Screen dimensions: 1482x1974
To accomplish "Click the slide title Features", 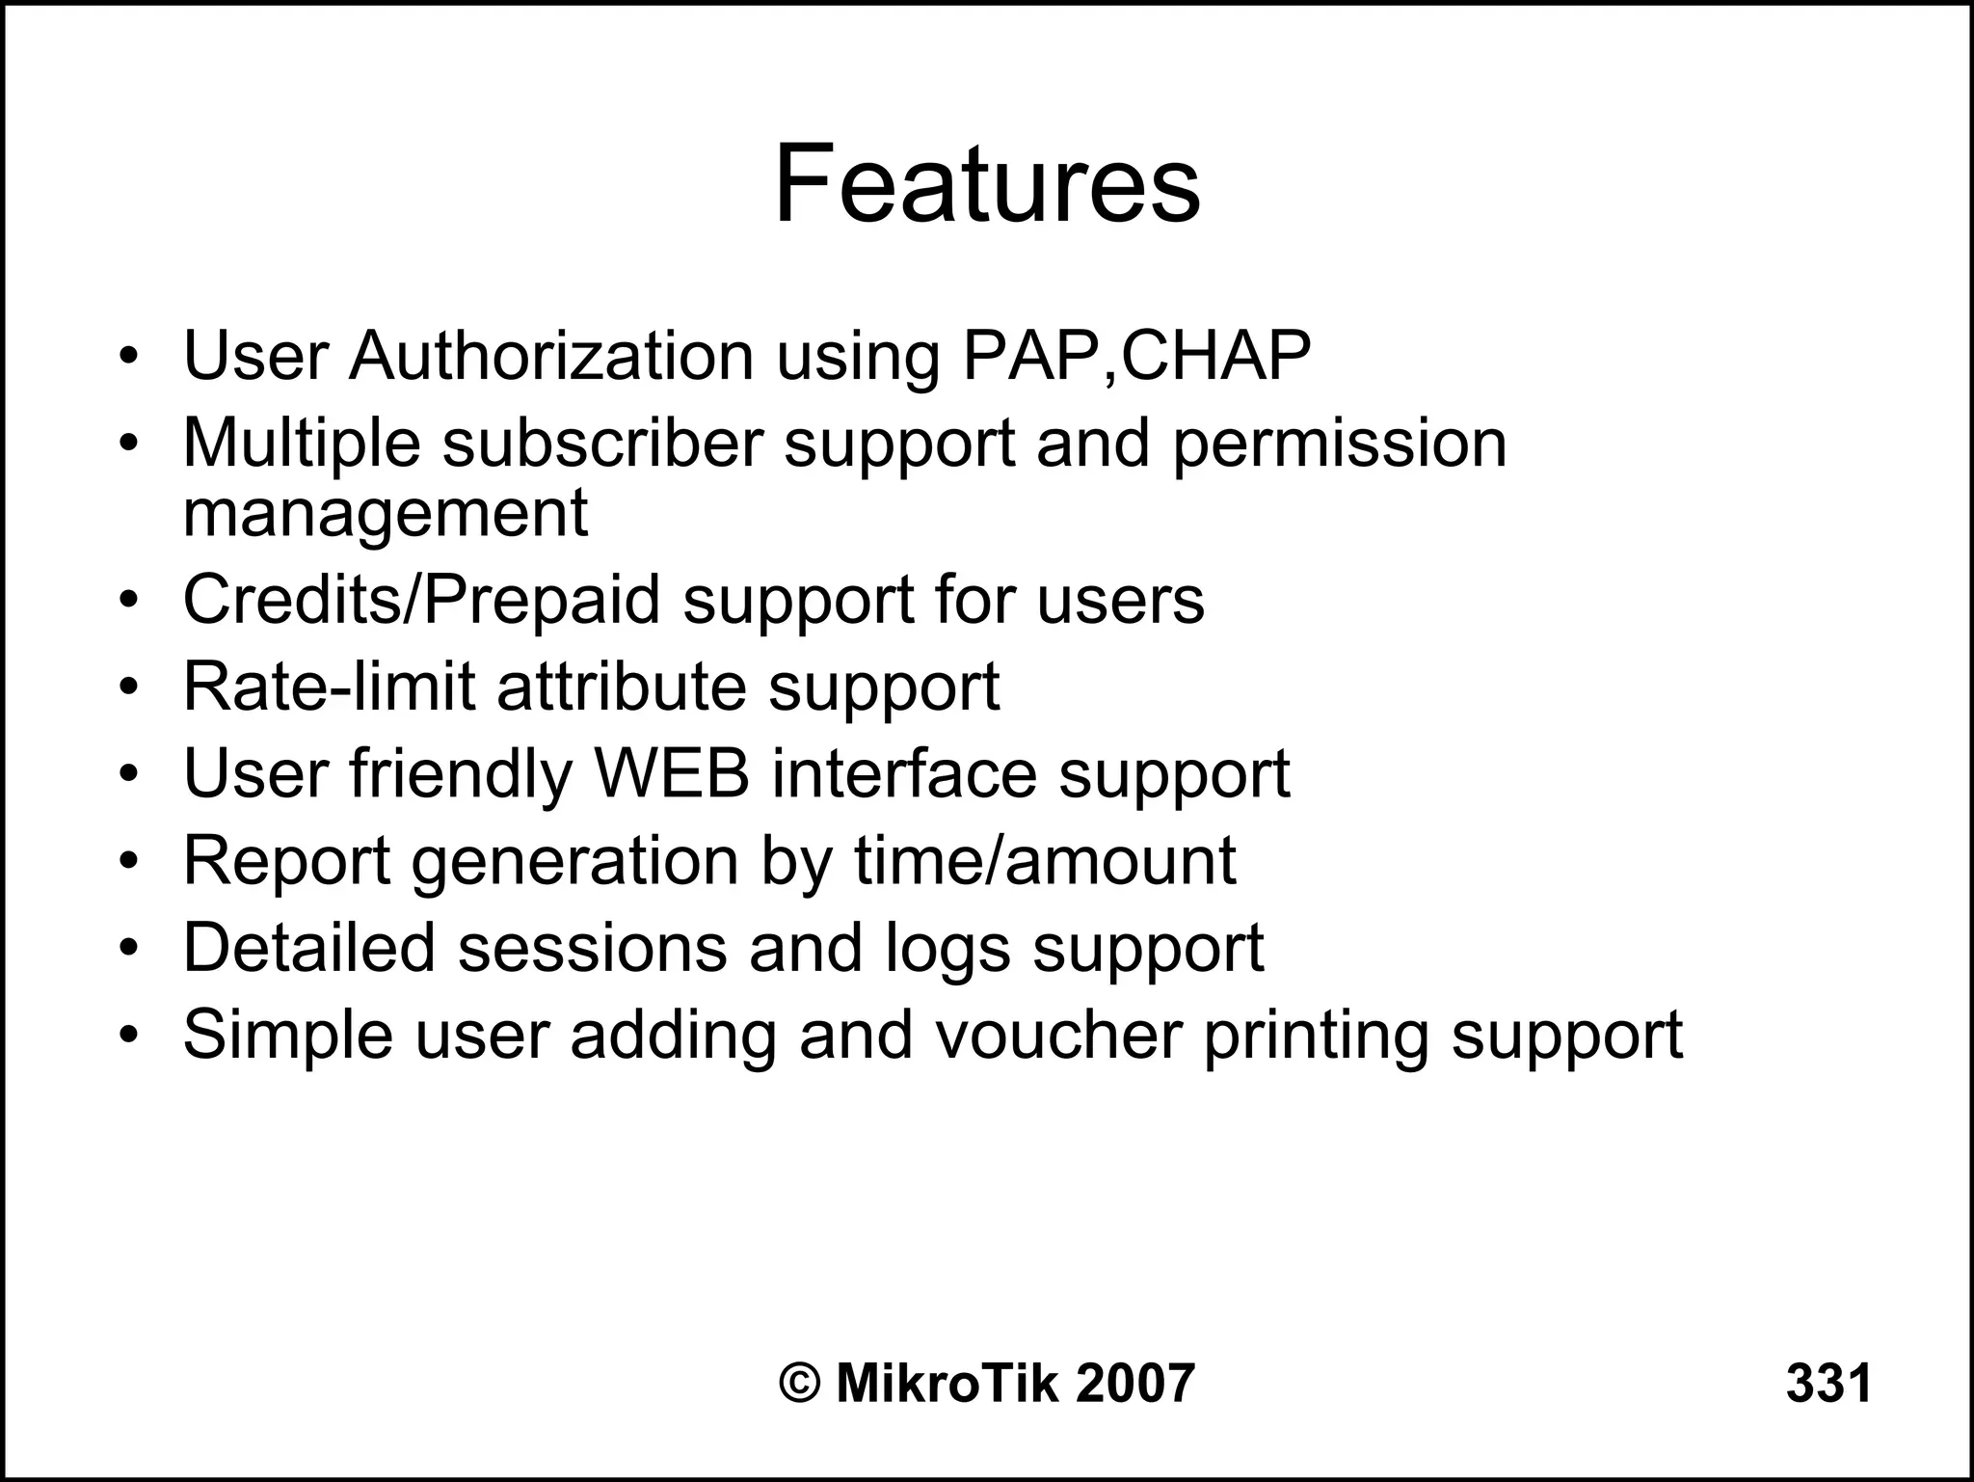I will (x=987, y=183).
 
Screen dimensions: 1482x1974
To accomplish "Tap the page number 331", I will (x=1828, y=1383).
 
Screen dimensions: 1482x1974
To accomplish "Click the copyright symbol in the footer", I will (x=799, y=1383).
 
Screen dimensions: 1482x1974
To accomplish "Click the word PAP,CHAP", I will (x=1137, y=357).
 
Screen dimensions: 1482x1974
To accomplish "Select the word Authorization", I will (x=551, y=357).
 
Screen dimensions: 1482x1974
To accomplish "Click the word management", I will (x=385, y=513).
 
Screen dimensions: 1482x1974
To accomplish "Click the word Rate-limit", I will (x=329, y=687).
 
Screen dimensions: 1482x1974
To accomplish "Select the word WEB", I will (x=672, y=773).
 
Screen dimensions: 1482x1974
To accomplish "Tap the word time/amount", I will (x=1044, y=860).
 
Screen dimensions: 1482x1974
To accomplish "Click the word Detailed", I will (x=308, y=947).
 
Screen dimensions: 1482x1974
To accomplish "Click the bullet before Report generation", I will (x=130, y=861).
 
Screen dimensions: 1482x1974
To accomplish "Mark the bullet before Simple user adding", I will (x=130, y=1036).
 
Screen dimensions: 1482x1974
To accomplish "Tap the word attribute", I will (x=622, y=687).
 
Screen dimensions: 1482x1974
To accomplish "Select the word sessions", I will (x=592, y=947).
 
